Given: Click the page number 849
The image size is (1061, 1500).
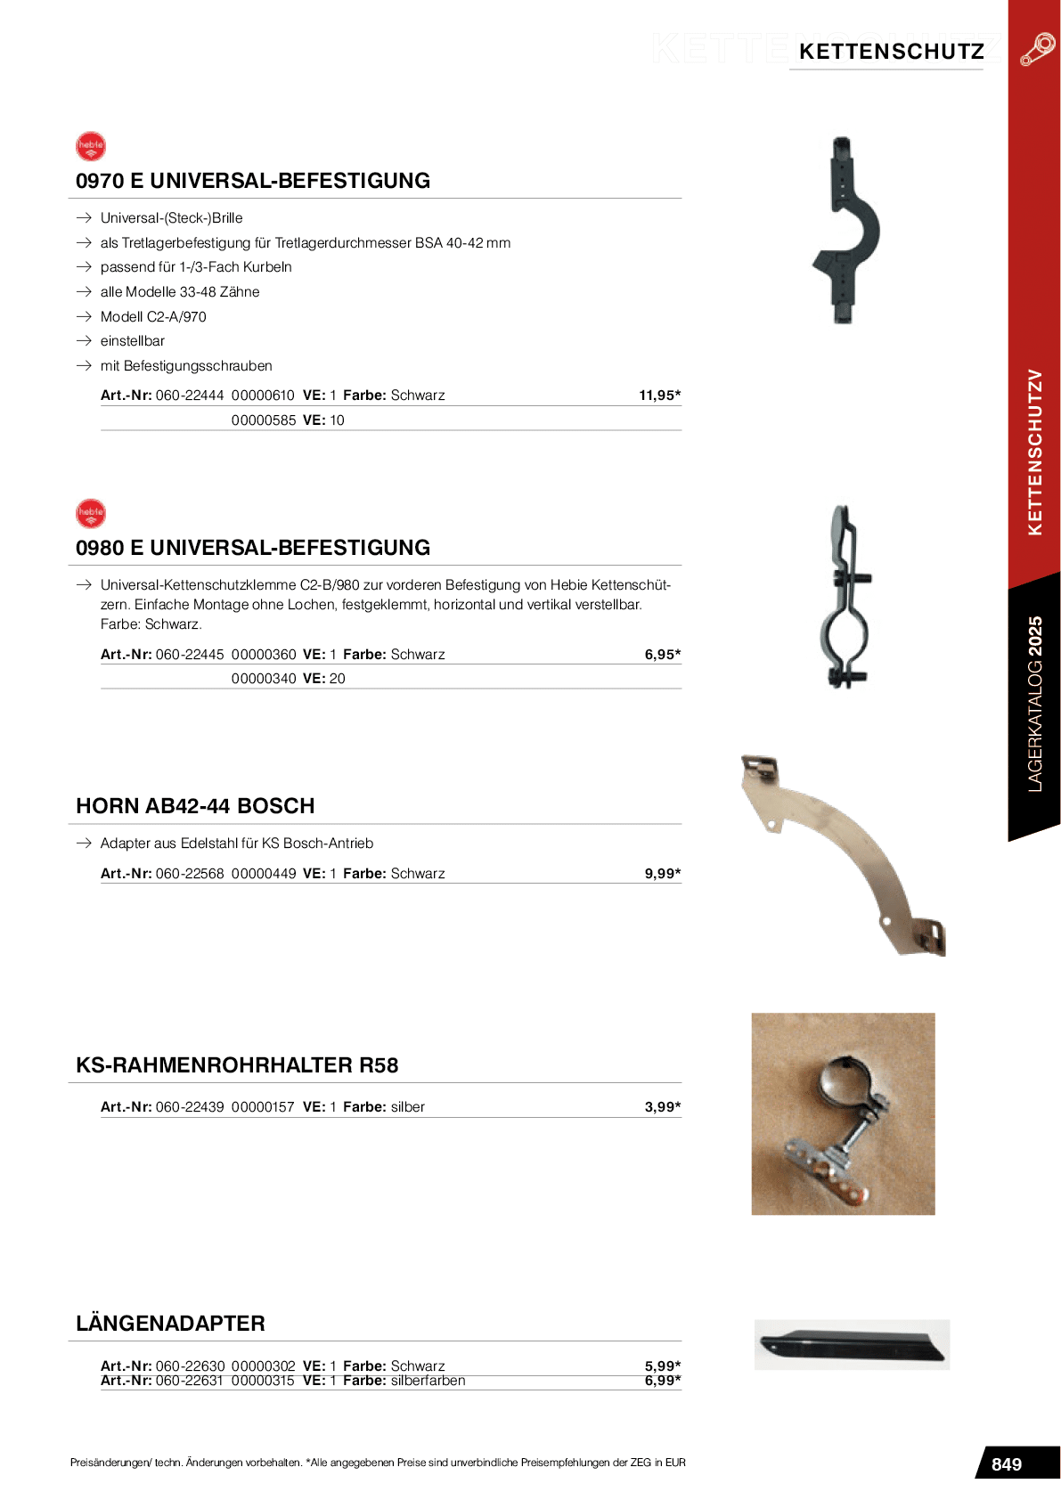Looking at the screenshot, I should tap(1006, 1464).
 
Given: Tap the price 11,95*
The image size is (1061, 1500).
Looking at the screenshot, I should tap(659, 395).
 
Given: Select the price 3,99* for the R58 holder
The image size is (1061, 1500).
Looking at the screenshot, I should tap(662, 1107).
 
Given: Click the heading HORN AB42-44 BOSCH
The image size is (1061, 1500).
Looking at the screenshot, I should tap(195, 806).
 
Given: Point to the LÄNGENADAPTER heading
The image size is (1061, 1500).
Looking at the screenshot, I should tap(170, 1324).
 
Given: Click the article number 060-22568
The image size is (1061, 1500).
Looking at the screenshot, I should tap(190, 874).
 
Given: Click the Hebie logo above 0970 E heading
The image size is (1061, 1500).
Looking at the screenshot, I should tap(91, 146).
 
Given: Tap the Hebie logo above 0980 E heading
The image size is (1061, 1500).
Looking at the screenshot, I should tap(91, 513).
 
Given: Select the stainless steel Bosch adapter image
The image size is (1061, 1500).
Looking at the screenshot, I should tap(843, 856).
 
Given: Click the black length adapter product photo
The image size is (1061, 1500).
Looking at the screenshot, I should tap(852, 1344).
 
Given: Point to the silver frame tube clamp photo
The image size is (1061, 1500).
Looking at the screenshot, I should tap(843, 1113).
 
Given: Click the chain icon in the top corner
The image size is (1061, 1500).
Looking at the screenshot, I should tap(1037, 49).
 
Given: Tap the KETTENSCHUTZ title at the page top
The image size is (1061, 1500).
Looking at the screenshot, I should tap(891, 52).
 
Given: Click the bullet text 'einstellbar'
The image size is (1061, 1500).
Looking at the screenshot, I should tap(133, 341).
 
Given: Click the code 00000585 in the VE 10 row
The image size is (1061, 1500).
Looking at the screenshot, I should tap(264, 420).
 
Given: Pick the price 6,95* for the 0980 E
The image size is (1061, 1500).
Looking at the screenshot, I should tap(662, 655).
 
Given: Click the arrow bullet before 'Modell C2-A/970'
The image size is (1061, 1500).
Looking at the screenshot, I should tap(85, 317).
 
